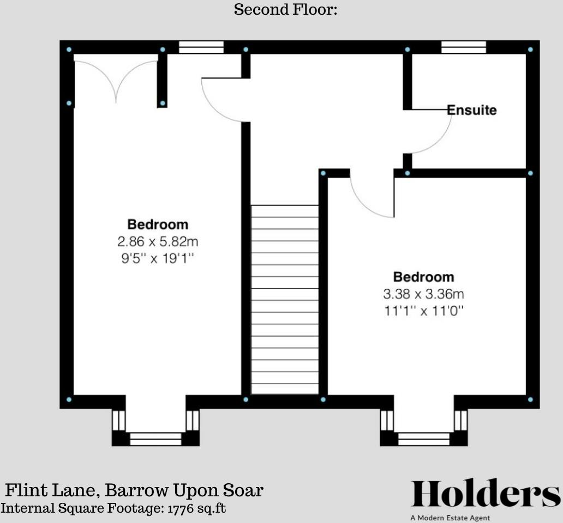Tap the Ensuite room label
pyautogui.click(x=472, y=110)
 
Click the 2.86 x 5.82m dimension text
pyautogui.click(x=158, y=241)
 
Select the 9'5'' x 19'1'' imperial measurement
pyautogui.click(x=158, y=258)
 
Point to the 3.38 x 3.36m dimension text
pyautogui.click(x=423, y=294)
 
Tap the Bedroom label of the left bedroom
pyautogui.click(x=158, y=224)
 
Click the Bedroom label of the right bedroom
pyautogui.click(x=423, y=277)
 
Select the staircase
pyautogui.click(x=284, y=299)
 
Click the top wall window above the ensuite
pyautogui.click(x=463, y=47)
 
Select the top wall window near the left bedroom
pyautogui.click(x=201, y=47)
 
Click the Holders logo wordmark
pyautogui.click(x=485, y=494)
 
